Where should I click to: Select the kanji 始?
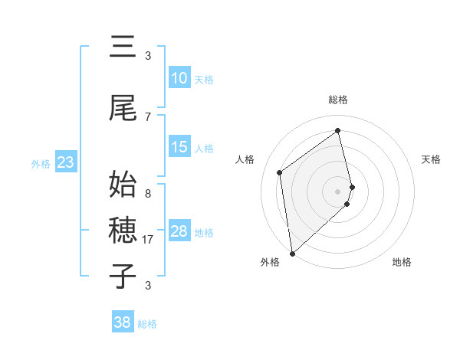[123, 185]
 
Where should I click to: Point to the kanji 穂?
[123, 229]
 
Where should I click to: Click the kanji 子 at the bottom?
[123, 275]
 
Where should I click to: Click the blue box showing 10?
[179, 78]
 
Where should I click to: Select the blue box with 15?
[179, 147]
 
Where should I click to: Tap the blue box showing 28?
[179, 231]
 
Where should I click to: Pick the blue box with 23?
[65, 162]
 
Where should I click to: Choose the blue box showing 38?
[123, 322]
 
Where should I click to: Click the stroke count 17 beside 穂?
[149, 240]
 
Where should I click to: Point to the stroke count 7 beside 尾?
[148, 116]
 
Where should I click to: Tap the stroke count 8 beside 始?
[148, 194]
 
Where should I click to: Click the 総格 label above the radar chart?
[338, 100]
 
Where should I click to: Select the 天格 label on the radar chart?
[432, 159]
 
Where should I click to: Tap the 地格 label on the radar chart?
[402, 262]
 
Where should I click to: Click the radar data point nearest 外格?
[292, 253]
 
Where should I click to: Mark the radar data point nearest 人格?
[280, 172]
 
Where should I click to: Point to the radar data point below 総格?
[338, 130]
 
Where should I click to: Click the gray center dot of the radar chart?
[338, 191]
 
